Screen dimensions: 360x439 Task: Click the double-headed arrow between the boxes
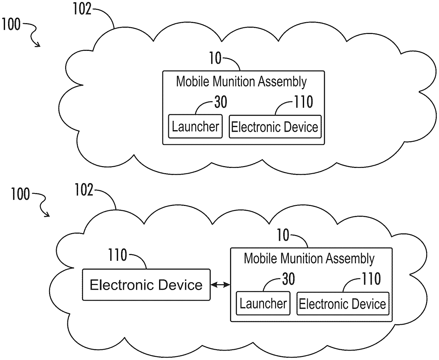[220, 284]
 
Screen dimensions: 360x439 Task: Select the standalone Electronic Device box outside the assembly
[146, 285]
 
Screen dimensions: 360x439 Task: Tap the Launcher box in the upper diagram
[195, 127]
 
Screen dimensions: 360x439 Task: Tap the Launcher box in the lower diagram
[263, 303]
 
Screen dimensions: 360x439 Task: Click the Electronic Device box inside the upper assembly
[275, 127]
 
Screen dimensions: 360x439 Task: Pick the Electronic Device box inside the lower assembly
[342, 303]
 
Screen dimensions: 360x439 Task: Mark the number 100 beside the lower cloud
[20, 194]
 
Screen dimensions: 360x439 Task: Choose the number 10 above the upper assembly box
[216, 59]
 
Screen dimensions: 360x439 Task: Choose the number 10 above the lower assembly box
[284, 235]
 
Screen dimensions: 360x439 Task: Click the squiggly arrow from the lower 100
[42, 205]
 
